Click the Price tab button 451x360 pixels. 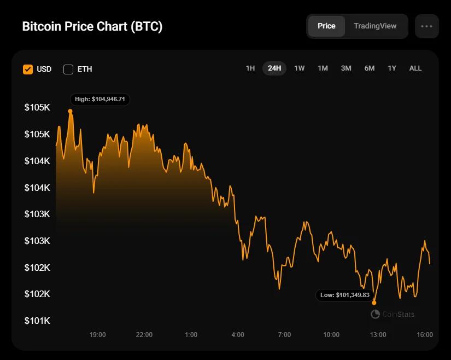[326, 26]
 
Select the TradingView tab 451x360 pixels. [375, 26]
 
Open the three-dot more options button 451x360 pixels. [426, 26]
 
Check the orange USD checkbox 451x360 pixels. [28, 69]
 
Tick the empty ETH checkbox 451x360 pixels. [68, 69]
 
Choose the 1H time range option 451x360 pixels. [250, 68]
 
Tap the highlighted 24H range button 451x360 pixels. [274, 68]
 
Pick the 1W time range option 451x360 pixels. [300, 68]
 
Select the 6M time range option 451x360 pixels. [370, 68]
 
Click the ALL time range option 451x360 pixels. [415, 68]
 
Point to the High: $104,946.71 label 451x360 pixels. [100, 100]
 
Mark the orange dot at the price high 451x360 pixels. [70, 111]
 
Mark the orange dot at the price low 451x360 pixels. [374, 302]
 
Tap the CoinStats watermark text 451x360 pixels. [398, 314]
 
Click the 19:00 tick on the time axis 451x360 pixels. [98, 335]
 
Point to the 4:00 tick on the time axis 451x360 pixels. [238, 335]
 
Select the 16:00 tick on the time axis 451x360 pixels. [425, 335]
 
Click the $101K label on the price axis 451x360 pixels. [37, 321]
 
